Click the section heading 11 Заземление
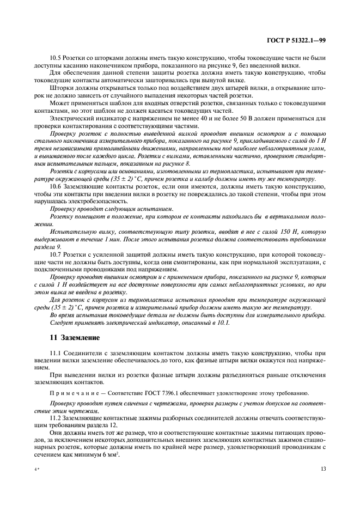(74, 338)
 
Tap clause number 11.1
(56, 353)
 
